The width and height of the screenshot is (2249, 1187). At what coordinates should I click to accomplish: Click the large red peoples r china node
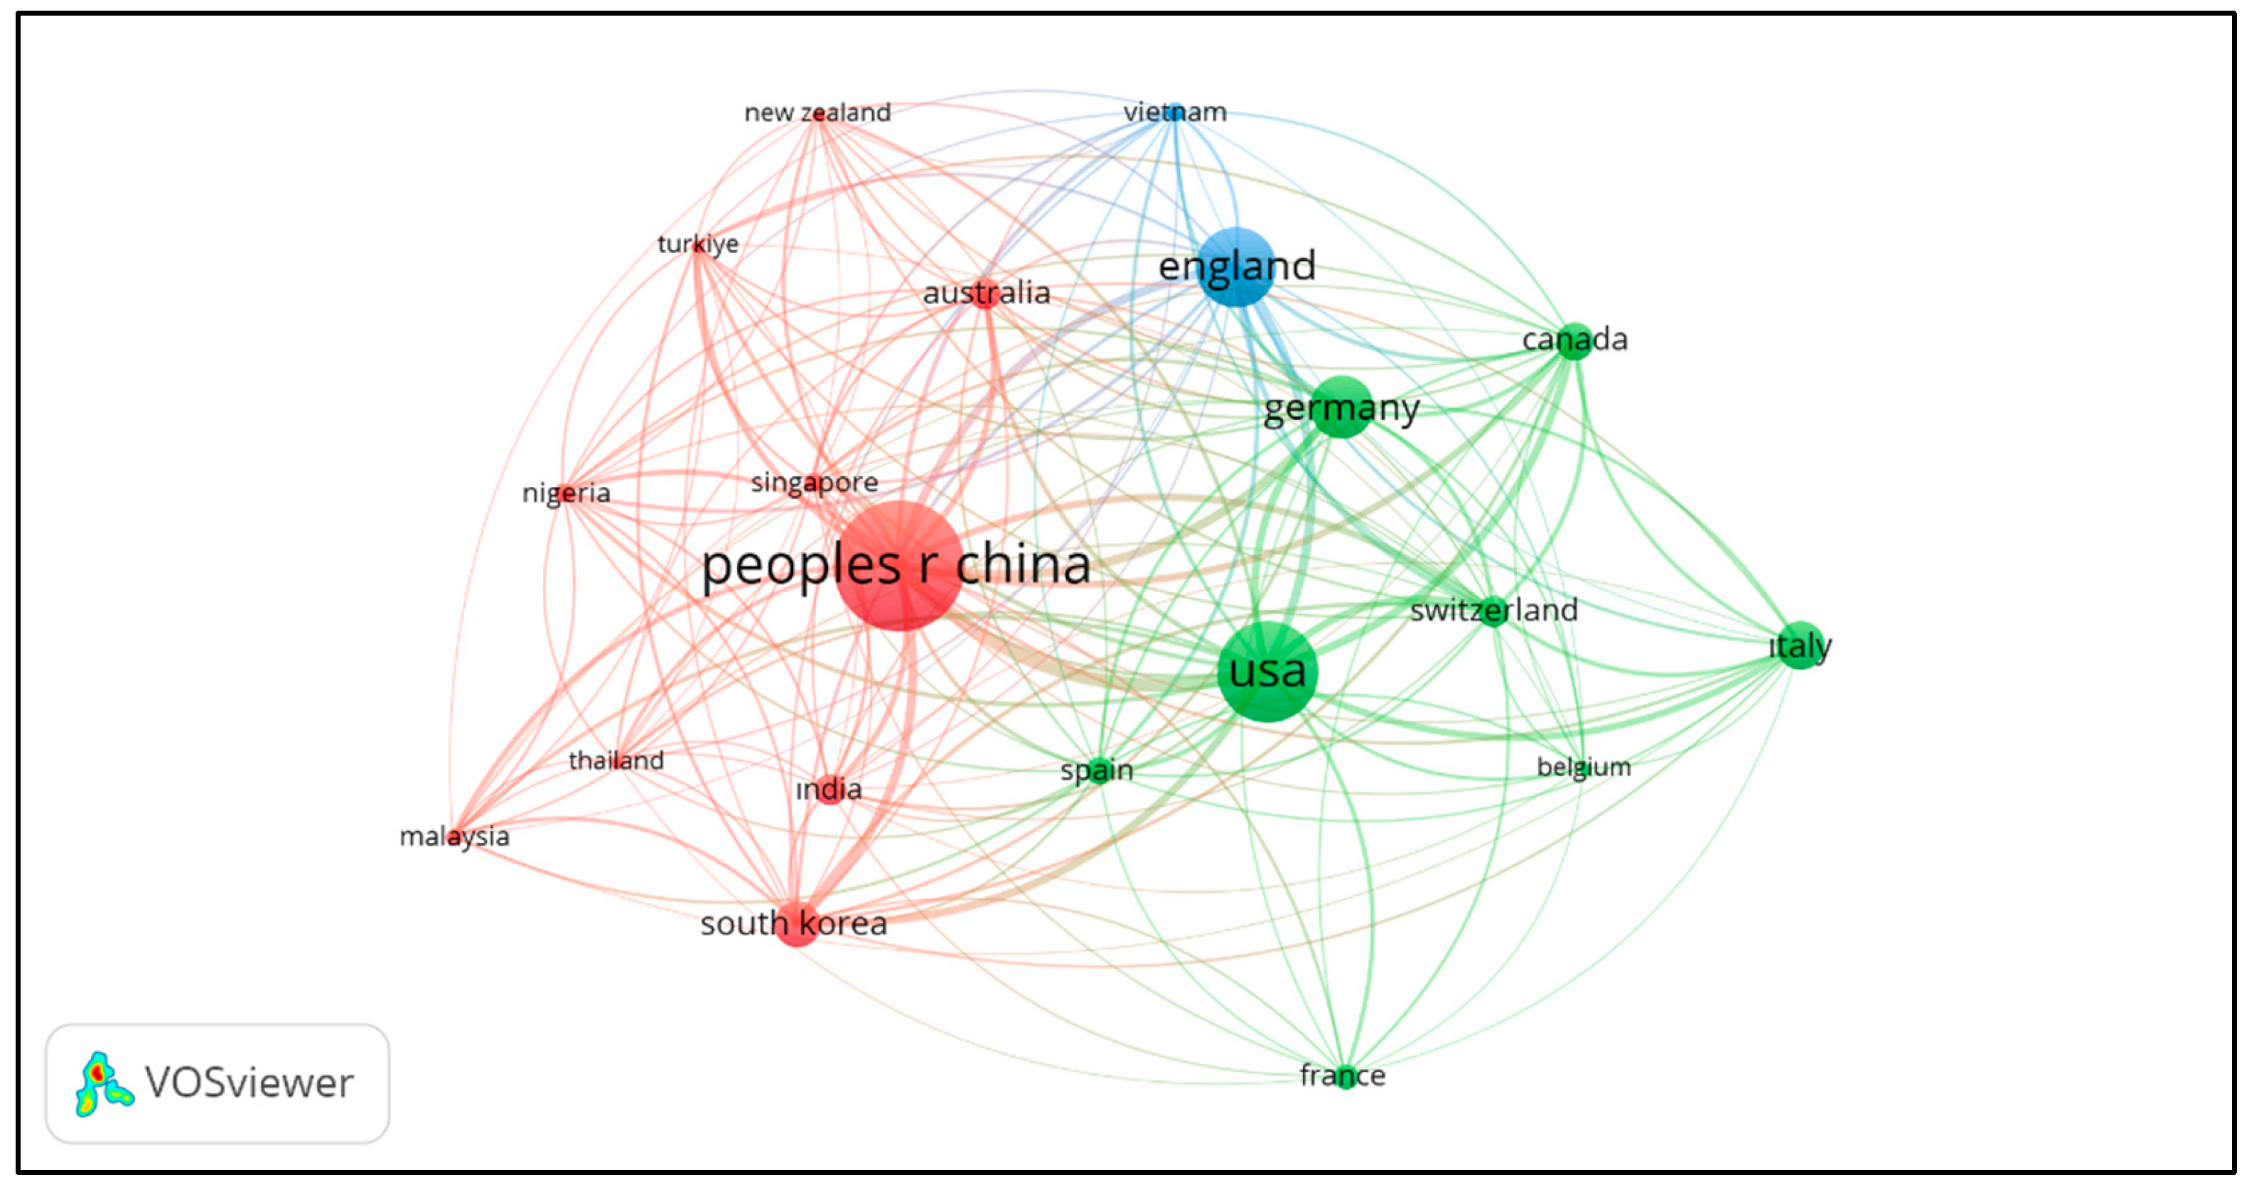point(898,566)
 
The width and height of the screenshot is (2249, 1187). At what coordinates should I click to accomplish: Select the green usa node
point(1267,671)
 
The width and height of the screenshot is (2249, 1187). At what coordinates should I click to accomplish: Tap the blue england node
point(1236,267)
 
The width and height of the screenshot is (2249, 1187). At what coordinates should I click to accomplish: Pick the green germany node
point(1342,407)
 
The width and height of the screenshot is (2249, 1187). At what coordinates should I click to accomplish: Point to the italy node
point(1800,646)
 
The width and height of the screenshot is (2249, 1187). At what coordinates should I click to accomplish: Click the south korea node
point(796,923)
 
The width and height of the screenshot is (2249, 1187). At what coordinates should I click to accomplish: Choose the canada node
point(1574,340)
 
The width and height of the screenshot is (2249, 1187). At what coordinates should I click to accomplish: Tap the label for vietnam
point(1174,112)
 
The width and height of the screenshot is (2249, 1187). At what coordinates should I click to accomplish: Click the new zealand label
point(817,112)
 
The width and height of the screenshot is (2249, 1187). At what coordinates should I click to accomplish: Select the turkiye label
point(697,244)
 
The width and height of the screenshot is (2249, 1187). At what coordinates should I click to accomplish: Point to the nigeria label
point(566,493)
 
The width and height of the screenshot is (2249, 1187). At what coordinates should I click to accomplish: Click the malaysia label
point(454,836)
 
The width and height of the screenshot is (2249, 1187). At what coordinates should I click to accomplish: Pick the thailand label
point(616,761)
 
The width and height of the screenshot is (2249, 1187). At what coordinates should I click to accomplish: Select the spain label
point(1097,770)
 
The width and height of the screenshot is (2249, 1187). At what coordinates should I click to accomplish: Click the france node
point(1343,1076)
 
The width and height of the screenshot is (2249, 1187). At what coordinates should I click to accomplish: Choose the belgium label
point(1583,767)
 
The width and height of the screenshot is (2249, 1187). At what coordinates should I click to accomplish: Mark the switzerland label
point(1494,610)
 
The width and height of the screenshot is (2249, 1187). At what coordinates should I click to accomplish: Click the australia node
point(986,294)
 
